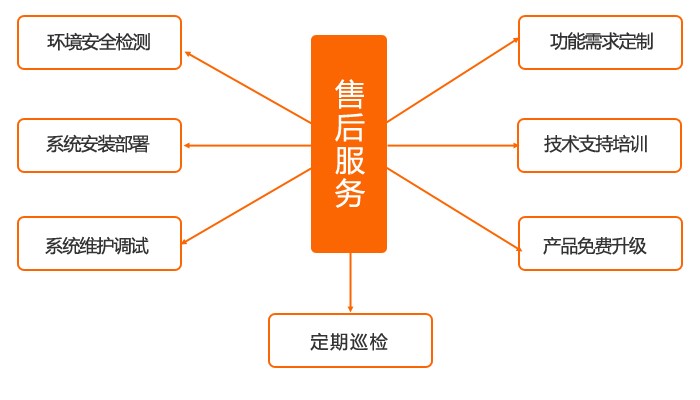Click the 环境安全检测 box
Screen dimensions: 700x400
[x=100, y=42]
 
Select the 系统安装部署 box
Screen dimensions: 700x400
[x=100, y=145]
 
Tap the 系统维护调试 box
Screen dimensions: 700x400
[x=100, y=243]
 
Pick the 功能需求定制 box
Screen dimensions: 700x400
[x=600, y=42]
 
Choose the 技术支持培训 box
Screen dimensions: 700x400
[x=600, y=145]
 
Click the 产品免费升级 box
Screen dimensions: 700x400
[x=600, y=243]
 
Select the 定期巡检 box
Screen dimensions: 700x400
[x=350, y=341]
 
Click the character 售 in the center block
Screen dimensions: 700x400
[x=350, y=94]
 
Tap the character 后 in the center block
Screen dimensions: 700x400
[x=350, y=127]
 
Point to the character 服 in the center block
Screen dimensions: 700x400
[x=350, y=159]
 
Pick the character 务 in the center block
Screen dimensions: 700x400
[x=350, y=192]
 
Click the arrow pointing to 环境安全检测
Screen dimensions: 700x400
[x=248, y=87]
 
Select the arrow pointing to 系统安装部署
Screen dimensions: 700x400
[x=247, y=146]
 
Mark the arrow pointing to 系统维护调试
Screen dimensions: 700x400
[x=246, y=206]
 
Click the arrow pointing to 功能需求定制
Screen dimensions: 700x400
[x=453, y=80]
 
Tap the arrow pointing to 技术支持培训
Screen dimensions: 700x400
[x=453, y=146]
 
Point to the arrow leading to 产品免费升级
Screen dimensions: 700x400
[x=454, y=210]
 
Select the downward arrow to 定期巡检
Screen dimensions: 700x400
[x=350, y=282]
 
